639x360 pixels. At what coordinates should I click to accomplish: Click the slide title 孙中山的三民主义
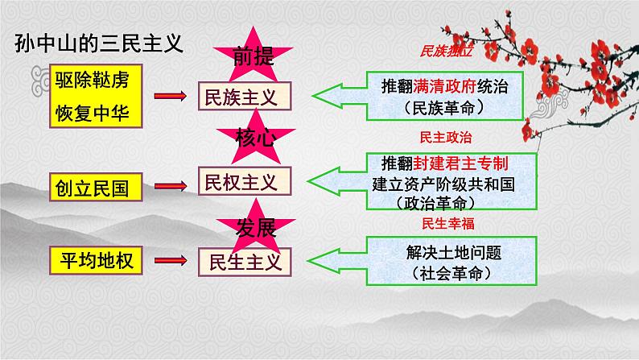point(99,43)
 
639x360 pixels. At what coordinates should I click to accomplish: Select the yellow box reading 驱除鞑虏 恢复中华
point(96,96)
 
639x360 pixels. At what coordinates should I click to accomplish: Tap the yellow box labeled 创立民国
point(96,187)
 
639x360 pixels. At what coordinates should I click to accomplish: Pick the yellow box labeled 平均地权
point(96,260)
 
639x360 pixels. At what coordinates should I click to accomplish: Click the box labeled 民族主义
point(245,96)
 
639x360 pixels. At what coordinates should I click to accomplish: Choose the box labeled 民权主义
point(245,181)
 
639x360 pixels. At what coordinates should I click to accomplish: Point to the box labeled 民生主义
point(245,263)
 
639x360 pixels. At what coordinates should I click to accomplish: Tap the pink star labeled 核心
point(255,138)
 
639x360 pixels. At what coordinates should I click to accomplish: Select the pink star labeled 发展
point(255,227)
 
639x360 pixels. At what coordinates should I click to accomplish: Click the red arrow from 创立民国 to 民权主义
point(171,186)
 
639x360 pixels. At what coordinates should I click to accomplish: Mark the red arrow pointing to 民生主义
point(171,260)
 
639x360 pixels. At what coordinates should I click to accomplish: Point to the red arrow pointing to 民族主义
point(171,96)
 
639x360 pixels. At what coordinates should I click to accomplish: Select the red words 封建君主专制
point(461,163)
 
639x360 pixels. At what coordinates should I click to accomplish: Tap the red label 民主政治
point(445,138)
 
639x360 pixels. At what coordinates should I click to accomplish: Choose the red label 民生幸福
point(448,223)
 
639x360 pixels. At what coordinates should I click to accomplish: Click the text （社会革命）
point(451,273)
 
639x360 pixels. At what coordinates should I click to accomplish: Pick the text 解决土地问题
point(454,252)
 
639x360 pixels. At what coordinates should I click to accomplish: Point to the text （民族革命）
point(444,108)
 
